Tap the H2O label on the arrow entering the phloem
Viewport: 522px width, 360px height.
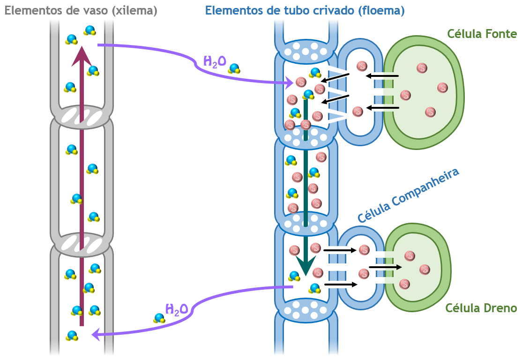click(215, 61)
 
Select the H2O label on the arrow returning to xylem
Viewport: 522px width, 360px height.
click(177, 309)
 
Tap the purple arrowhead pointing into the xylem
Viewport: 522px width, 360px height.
click(96, 334)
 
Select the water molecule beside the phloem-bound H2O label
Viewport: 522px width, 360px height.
click(234, 69)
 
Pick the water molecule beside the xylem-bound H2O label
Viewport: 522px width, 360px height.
click(160, 318)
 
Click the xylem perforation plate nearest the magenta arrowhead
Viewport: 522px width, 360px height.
click(82, 116)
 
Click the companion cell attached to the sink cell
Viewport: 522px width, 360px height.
click(361, 268)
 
